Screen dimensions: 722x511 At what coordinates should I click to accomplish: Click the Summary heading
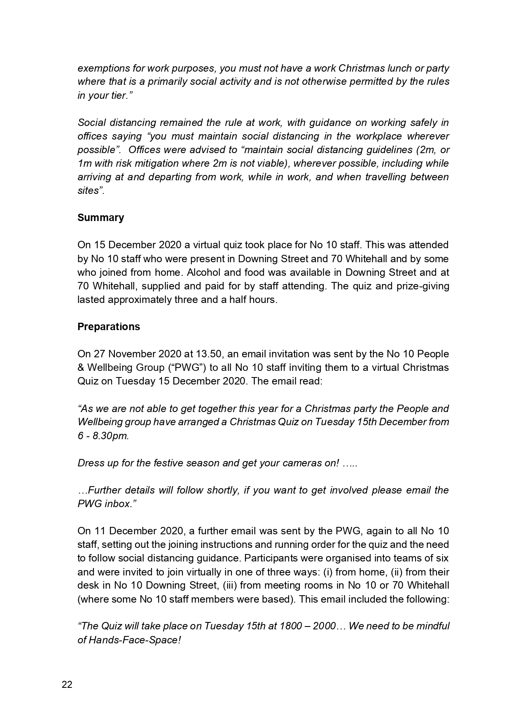point(100,218)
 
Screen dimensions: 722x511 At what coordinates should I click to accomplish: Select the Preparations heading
point(109,326)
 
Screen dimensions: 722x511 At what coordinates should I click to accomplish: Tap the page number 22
point(67,685)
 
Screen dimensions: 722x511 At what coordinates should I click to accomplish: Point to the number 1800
point(290,627)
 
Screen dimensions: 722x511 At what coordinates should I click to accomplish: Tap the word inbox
point(119,504)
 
